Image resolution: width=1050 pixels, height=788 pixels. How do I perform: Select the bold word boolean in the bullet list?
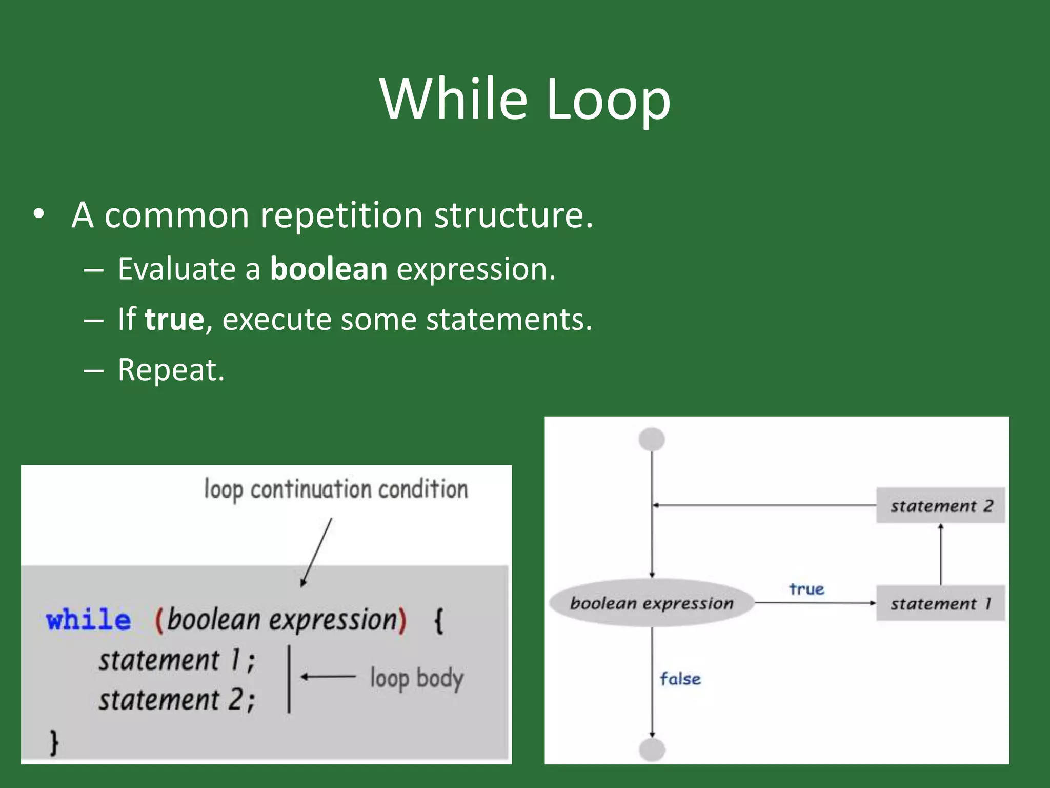pyautogui.click(x=329, y=269)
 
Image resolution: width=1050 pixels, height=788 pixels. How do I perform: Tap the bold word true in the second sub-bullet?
pyautogui.click(x=174, y=319)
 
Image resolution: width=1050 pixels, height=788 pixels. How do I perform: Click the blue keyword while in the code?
pyautogui.click(x=88, y=620)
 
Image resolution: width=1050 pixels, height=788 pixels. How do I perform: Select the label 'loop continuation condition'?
pyautogui.click(x=336, y=489)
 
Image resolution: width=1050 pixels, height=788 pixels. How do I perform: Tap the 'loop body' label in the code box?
pyautogui.click(x=416, y=678)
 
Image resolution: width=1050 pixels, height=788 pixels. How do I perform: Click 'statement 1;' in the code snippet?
pyautogui.click(x=177, y=660)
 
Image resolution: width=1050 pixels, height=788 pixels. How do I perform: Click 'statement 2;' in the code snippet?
pyautogui.click(x=177, y=700)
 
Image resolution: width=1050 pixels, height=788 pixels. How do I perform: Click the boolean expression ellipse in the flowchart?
pyautogui.click(x=652, y=603)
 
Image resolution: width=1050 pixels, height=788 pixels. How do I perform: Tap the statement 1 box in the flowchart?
pyautogui.click(x=940, y=604)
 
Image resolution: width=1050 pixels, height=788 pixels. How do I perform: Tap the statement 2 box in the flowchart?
pyautogui.click(x=940, y=506)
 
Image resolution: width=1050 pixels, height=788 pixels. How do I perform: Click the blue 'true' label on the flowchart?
pyautogui.click(x=806, y=589)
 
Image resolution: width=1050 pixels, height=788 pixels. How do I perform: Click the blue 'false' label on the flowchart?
pyautogui.click(x=680, y=679)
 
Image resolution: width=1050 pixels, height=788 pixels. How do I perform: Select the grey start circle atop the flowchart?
pyautogui.click(x=652, y=440)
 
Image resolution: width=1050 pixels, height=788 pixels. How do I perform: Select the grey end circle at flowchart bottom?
pyautogui.click(x=652, y=750)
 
